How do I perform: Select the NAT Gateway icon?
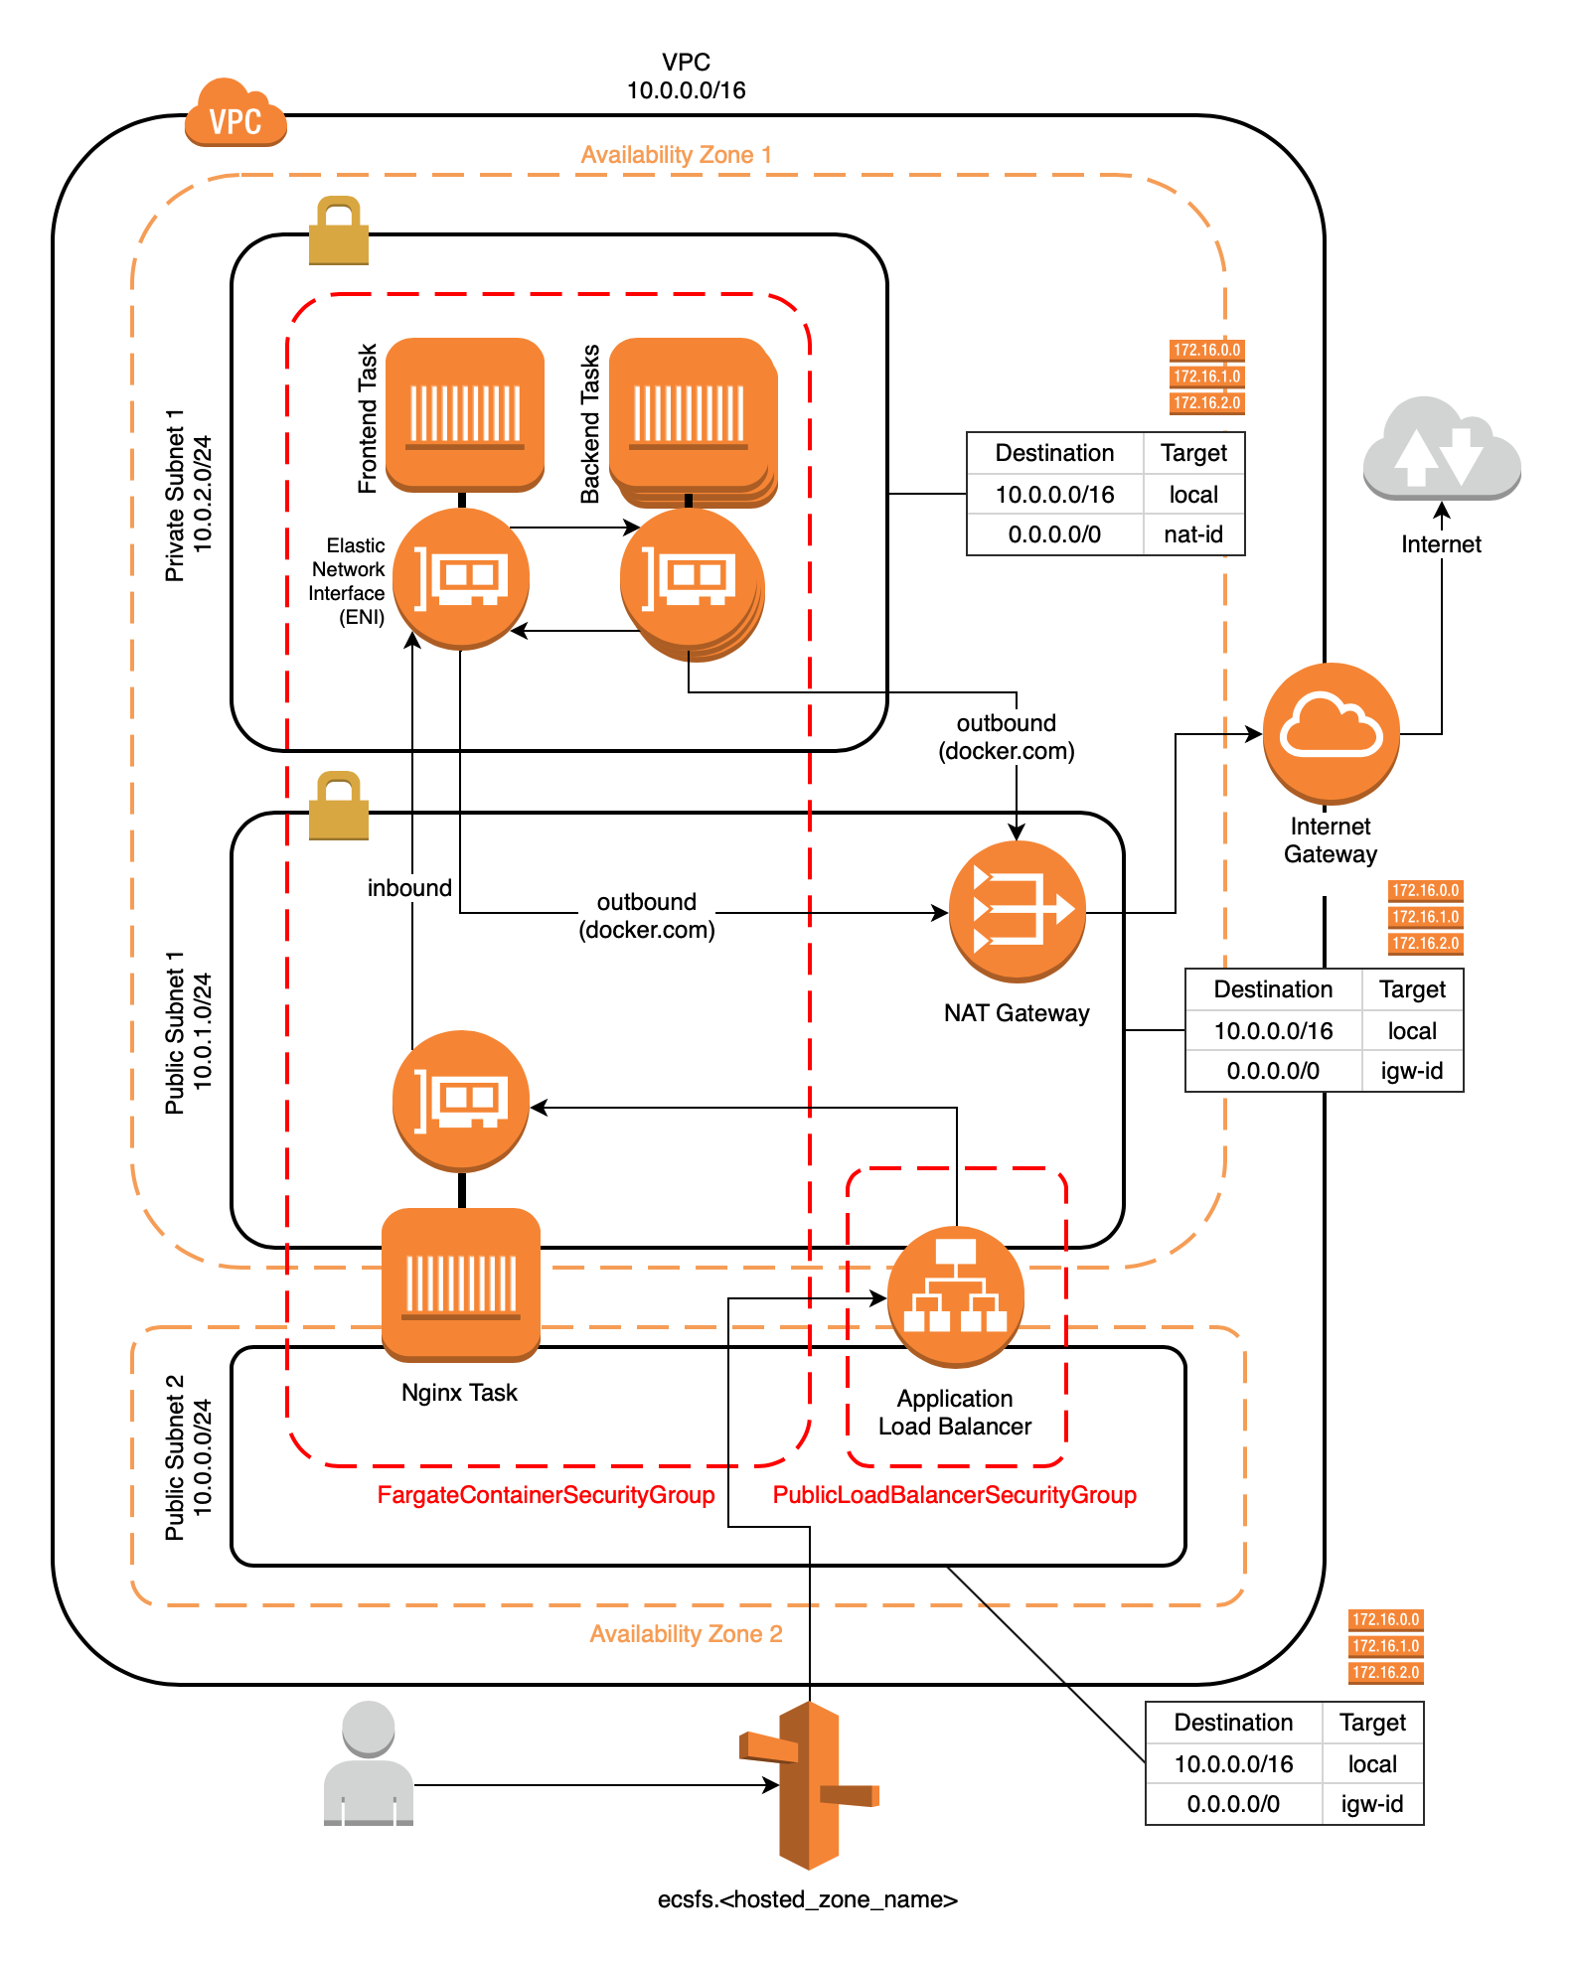[x=1017, y=910]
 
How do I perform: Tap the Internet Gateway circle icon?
[x=1331, y=732]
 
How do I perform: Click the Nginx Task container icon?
[x=461, y=1283]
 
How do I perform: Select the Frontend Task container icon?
[x=465, y=413]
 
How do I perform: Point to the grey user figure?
[x=369, y=1764]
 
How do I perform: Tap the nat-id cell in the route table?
[x=1193, y=534]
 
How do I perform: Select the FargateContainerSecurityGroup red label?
[x=546, y=1495]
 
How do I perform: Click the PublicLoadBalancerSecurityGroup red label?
[x=954, y=1495]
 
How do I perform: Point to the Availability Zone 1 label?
[x=676, y=155]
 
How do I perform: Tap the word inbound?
[x=409, y=888]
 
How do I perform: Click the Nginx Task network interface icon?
[x=461, y=1100]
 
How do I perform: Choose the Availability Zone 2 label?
[x=686, y=1634]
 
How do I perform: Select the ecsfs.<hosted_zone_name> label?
[x=807, y=1899]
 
